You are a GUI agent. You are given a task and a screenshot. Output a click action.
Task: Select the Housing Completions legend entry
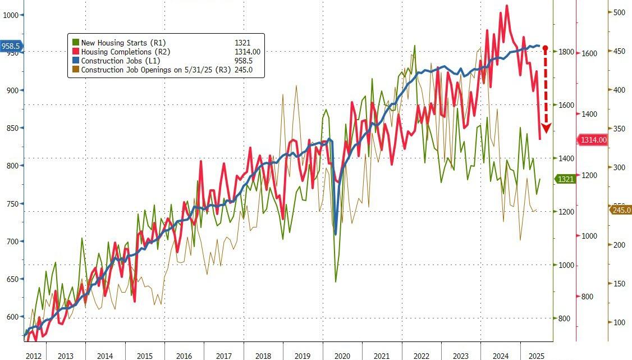point(120,52)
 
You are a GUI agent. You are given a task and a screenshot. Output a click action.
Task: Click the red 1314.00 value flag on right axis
point(593,140)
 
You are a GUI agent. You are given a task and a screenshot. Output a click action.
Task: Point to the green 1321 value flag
point(565,179)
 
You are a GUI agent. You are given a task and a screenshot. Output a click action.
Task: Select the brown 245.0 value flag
point(620,211)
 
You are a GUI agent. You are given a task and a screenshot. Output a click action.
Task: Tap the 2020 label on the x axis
point(342,356)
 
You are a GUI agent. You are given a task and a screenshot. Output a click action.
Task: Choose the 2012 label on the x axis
point(33,356)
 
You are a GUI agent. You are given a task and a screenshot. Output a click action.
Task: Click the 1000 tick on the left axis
point(11,15)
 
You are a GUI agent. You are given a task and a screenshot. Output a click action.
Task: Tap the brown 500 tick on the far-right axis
point(619,12)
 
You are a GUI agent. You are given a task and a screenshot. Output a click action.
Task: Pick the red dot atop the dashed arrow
point(545,48)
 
